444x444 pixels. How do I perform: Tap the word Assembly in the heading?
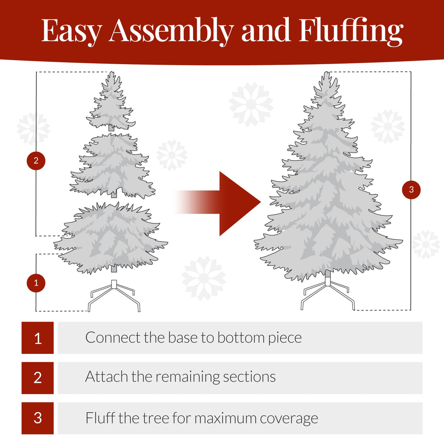pyautogui.click(x=171, y=31)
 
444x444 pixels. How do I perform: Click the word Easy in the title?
pyautogui.click(x=72, y=31)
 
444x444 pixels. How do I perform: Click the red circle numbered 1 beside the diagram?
pyautogui.click(x=36, y=283)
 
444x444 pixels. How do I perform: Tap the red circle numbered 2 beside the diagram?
pyautogui.click(x=36, y=161)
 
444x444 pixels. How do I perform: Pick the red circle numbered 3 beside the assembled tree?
pyautogui.click(x=411, y=189)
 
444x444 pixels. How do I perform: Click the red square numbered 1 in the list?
pyautogui.click(x=38, y=338)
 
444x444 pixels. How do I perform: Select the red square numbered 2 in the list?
pyautogui.click(x=38, y=378)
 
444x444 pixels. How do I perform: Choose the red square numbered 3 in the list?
pyautogui.click(x=38, y=418)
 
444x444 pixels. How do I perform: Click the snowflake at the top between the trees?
pyautogui.click(x=251, y=104)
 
